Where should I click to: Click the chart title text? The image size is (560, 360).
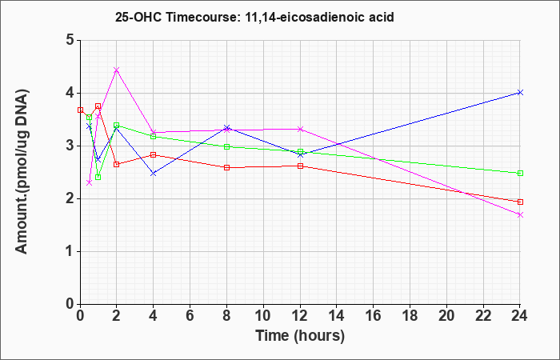coord(254,17)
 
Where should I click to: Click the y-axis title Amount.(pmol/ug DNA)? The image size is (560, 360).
coord(22,171)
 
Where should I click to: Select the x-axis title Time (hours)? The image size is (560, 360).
coord(300,336)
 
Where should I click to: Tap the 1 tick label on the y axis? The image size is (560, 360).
coord(70,251)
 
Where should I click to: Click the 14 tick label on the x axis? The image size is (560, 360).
coord(337,316)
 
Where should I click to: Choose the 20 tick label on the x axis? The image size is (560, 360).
coord(446,316)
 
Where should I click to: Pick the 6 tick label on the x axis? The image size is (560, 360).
coord(190,316)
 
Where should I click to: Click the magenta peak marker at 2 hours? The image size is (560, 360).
coord(117,70)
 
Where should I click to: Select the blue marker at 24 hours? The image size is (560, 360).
coord(520,93)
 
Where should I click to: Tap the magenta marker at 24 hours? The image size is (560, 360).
coord(520,214)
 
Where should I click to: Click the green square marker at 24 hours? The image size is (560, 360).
coord(520,174)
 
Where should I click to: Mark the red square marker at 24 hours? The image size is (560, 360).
coord(520,202)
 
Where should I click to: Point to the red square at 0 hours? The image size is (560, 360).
coord(80,110)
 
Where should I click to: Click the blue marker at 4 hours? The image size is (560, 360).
coord(154,174)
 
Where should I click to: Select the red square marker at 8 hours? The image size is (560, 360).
coord(226,167)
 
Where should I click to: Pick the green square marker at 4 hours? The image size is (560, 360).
coord(154,137)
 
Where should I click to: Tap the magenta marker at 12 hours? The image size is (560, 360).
coord(300,130)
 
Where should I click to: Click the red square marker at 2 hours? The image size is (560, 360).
coord(117,164)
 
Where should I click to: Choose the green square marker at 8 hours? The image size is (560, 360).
coord(226,146)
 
